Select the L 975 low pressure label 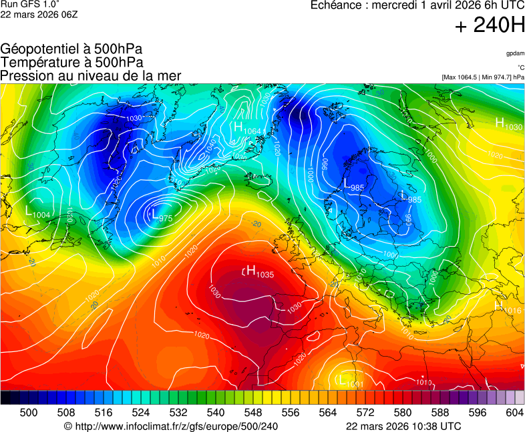pyautogui.click(x=161, y=216)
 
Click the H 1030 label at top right pyautogui.click(x=508, y=124)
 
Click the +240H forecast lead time pyautogui.click(x=489, y=26)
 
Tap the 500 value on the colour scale pyautogui.click(x=29, y=413)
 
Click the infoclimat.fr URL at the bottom pyautogui.click(x=170, y=426)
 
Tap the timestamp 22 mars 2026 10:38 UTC pyautogui.click(x=403, y=426)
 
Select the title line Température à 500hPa pyautogui.click(x=71, y=62)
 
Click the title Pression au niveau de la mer pyautogui.click(x=91, y=75)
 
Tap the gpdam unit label pyautogui.click(x=514, y=53)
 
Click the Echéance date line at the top pyautogui.click(x=417, y=5)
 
